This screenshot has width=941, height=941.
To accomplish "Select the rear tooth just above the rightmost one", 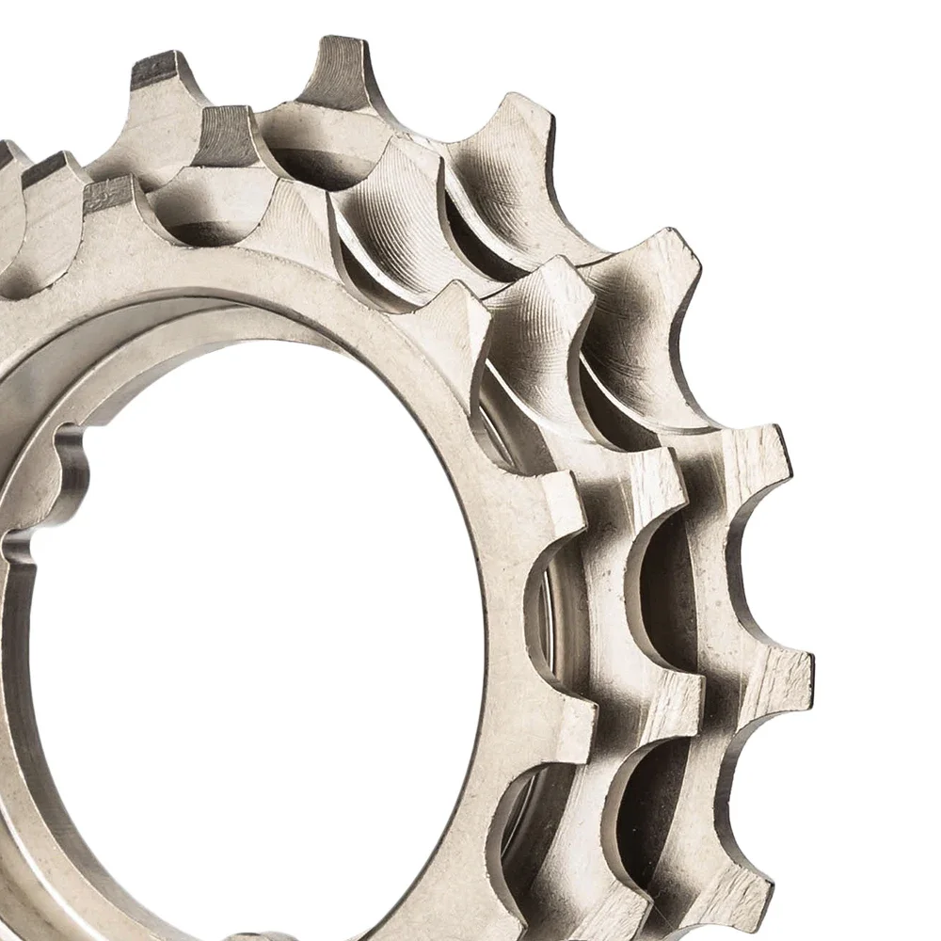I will click(762, 452).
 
